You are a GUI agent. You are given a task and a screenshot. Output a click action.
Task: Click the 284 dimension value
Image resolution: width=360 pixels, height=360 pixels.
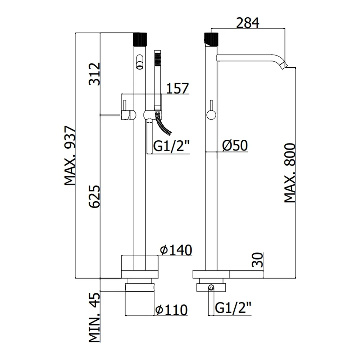[248, 23]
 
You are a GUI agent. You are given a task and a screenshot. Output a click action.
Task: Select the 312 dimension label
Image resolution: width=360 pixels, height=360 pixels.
[95, 74]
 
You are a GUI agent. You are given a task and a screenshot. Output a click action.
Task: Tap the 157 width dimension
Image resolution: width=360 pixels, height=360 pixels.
[177, 89]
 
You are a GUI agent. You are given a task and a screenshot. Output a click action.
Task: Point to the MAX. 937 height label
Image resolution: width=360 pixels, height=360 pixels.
[70, 156]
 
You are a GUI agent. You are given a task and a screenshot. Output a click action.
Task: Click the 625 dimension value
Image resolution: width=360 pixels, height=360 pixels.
[95, 197]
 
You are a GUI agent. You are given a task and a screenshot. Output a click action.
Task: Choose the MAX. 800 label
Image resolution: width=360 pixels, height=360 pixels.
[290, 173]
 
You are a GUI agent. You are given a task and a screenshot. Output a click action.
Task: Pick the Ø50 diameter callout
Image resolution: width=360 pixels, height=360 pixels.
[235, 145]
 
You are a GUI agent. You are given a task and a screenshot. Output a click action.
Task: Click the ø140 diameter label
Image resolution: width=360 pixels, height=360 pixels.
[176, 250]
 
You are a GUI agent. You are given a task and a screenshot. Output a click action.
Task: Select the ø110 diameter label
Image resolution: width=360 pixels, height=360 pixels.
[171, 310]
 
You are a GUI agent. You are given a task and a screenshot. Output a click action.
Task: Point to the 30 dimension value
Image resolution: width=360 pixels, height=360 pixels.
[257, 260]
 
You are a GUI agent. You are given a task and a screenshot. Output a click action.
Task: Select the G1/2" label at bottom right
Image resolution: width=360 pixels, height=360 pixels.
[233, 308]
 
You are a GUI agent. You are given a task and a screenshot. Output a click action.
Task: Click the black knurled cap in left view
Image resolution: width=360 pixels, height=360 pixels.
[140, 40]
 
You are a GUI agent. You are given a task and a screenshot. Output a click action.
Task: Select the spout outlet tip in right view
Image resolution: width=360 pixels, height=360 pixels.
[285, 65]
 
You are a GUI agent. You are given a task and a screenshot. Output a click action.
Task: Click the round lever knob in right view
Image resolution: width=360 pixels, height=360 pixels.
[211, 114]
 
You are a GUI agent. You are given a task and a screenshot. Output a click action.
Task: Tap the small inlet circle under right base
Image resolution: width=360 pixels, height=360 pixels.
[211, 287]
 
